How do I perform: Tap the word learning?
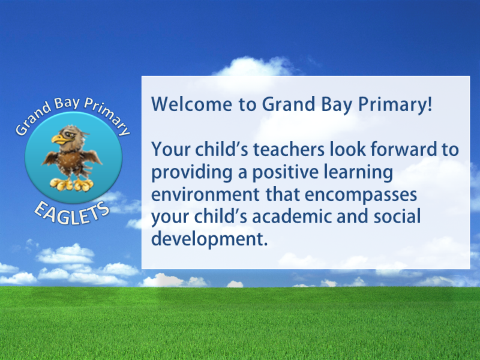[358, 173]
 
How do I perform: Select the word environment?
[205, 194]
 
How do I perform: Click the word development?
[209, 239]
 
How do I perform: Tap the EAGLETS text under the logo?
[72, 213]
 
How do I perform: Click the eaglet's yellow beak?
[60, 139]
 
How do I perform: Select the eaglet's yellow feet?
[71, 185]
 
